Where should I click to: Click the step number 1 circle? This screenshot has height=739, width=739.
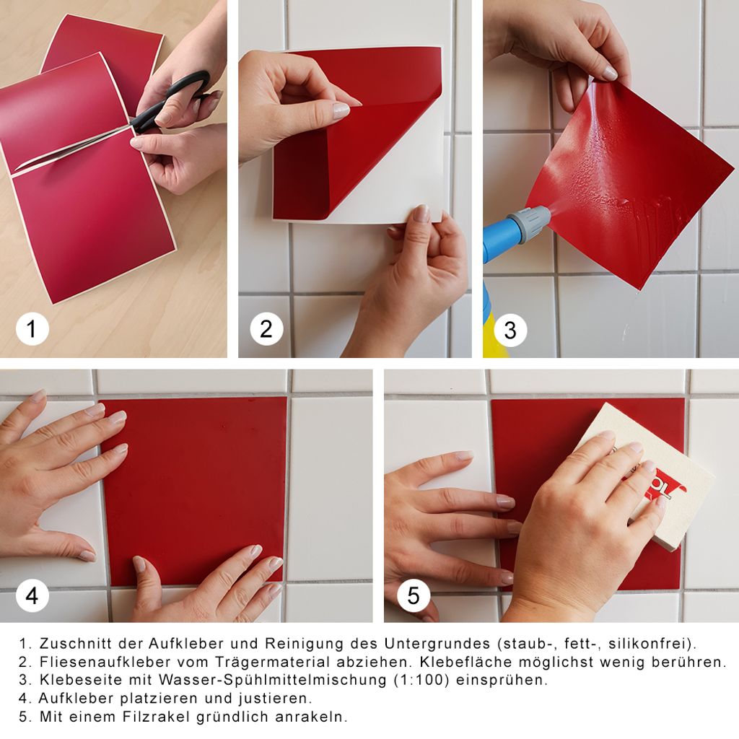[32, 328]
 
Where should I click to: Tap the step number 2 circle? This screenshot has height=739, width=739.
[266, 328]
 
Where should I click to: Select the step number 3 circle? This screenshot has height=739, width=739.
[510, 330]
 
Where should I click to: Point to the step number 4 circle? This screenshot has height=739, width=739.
[32, 595]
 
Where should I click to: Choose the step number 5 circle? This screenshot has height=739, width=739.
[414, 595]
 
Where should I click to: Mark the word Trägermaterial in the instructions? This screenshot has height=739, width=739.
[274, 663]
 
